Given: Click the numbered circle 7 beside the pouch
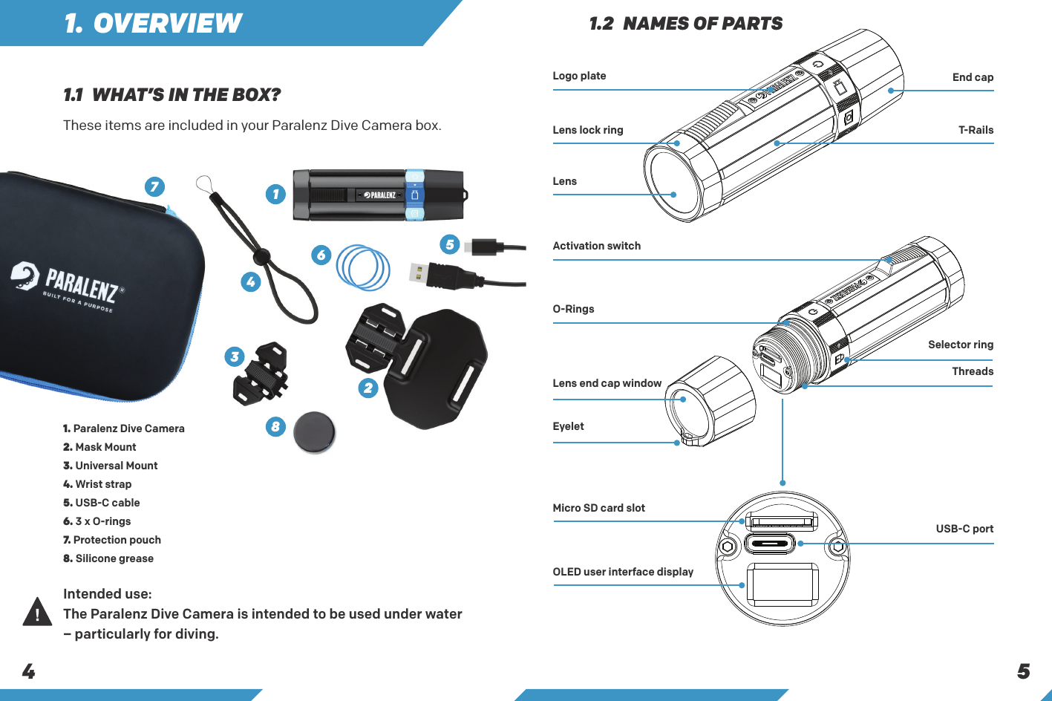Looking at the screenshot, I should (x=154, y=186).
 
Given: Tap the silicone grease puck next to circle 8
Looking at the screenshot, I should (x=314, y=432).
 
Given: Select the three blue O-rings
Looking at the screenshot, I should (x=362, y=267).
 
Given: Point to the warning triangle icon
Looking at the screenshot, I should (x=36, y=612).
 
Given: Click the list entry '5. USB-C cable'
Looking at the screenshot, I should (x=102, y=503).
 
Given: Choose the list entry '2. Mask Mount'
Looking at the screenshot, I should (x=99, y=447).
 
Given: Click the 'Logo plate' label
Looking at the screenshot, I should (x=579, y=76).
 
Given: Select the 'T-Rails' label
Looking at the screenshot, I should (x=976, y=130).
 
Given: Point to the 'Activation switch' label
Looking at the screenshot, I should (x=596, y=246).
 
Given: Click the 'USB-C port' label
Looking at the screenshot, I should (x=964, y=529).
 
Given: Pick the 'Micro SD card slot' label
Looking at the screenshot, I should (x=598, y=508).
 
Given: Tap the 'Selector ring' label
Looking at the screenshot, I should (x=960, y=345).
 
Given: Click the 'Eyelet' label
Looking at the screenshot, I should (x=568, y=426).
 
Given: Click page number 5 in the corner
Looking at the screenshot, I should (x=1023, y=671).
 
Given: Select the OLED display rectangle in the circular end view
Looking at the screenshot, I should (x=782, y=584).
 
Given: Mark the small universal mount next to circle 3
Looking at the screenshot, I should (x=261, y=374).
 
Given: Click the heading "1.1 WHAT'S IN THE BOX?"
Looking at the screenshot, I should (x=171, y=95).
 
